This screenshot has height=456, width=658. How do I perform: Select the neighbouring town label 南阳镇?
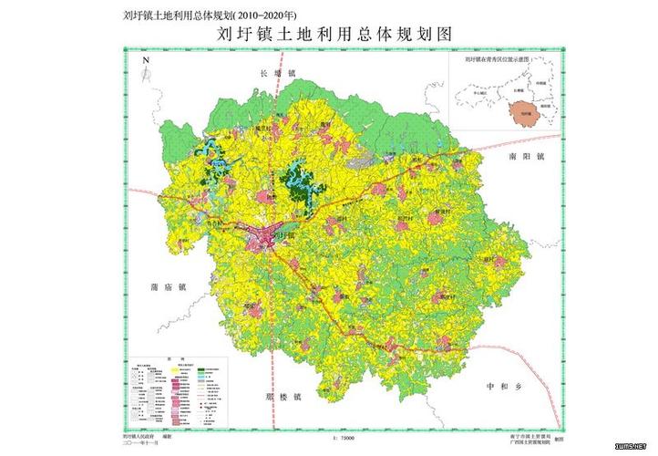527,157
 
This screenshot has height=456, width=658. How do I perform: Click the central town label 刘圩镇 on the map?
272,233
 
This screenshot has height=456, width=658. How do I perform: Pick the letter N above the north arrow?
145,59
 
